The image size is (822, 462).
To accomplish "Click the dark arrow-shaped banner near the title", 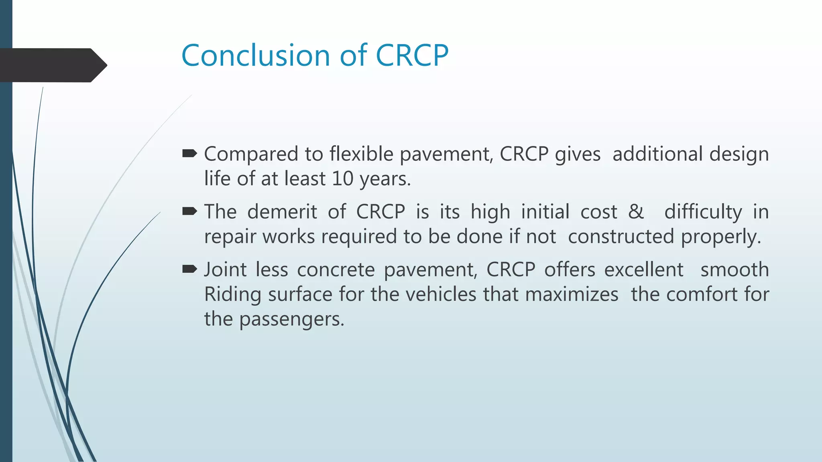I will tap(52, 65).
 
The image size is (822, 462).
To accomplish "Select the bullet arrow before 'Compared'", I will tap(189, 153).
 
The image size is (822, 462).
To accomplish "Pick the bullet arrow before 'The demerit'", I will tap(189, 211).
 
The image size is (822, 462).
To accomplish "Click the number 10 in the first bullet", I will tap(342, 178).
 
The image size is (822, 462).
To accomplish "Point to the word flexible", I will tap(361, 154).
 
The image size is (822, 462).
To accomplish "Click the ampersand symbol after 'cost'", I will tap(636, 211).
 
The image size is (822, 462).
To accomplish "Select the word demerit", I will tap(282, 212).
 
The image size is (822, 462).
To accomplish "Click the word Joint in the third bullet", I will tap(225, 269).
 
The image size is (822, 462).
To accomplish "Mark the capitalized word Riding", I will tap(233, 295).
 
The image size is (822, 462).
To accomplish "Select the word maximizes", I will tap(572, 294).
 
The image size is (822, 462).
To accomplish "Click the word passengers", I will tap(292, 320).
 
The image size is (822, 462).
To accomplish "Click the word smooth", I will tap(735, 269).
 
